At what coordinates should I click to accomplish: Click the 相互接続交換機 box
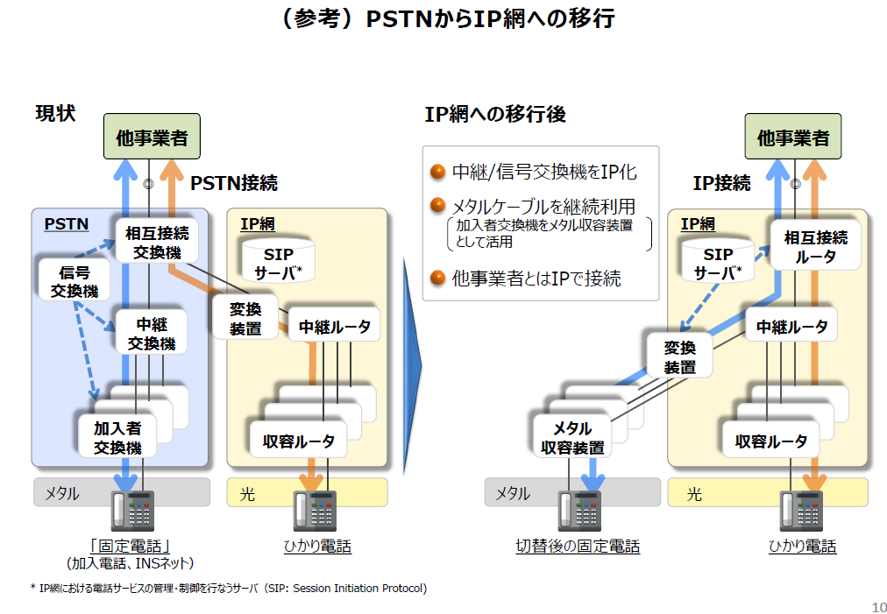pyautogui.click(x=156, y=243)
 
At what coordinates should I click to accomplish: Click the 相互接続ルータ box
pyautogui.click(x=815, y=247)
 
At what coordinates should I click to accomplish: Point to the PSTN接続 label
pyautogui.click(x=234, y=183)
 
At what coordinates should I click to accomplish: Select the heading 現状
pyautogui.click(x=55, y=114)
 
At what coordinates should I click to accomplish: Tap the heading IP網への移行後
pyautogui.click(x=495, y=114)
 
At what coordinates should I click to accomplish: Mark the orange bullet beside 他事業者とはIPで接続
pyautogui.click(x=438, y=279)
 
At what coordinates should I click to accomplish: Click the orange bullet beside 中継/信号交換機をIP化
pyautogui.click(x=438, y=172)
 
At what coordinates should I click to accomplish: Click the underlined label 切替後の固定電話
pyautogui.click(x=578, y=547)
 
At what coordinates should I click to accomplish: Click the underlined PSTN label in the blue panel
pyautogui.click(x=66, y=224)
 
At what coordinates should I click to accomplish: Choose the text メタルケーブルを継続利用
pyautogui.click(x=543, y=207)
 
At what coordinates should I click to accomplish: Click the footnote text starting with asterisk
pyautogui.click(x=229, y=589)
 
